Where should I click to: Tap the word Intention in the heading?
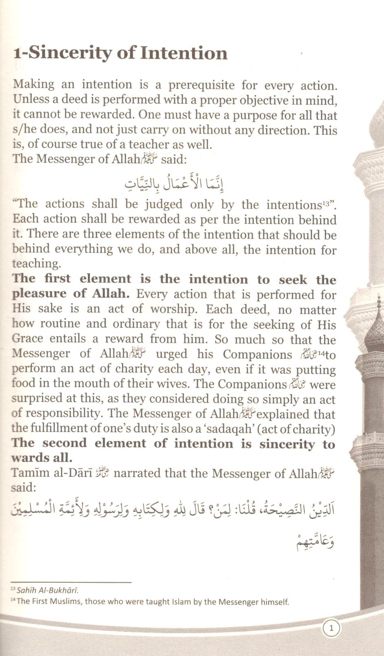(183, 53)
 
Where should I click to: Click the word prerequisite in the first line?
(202, 85)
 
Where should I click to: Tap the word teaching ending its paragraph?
(36, 263)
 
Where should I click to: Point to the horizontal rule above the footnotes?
(71, 582)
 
